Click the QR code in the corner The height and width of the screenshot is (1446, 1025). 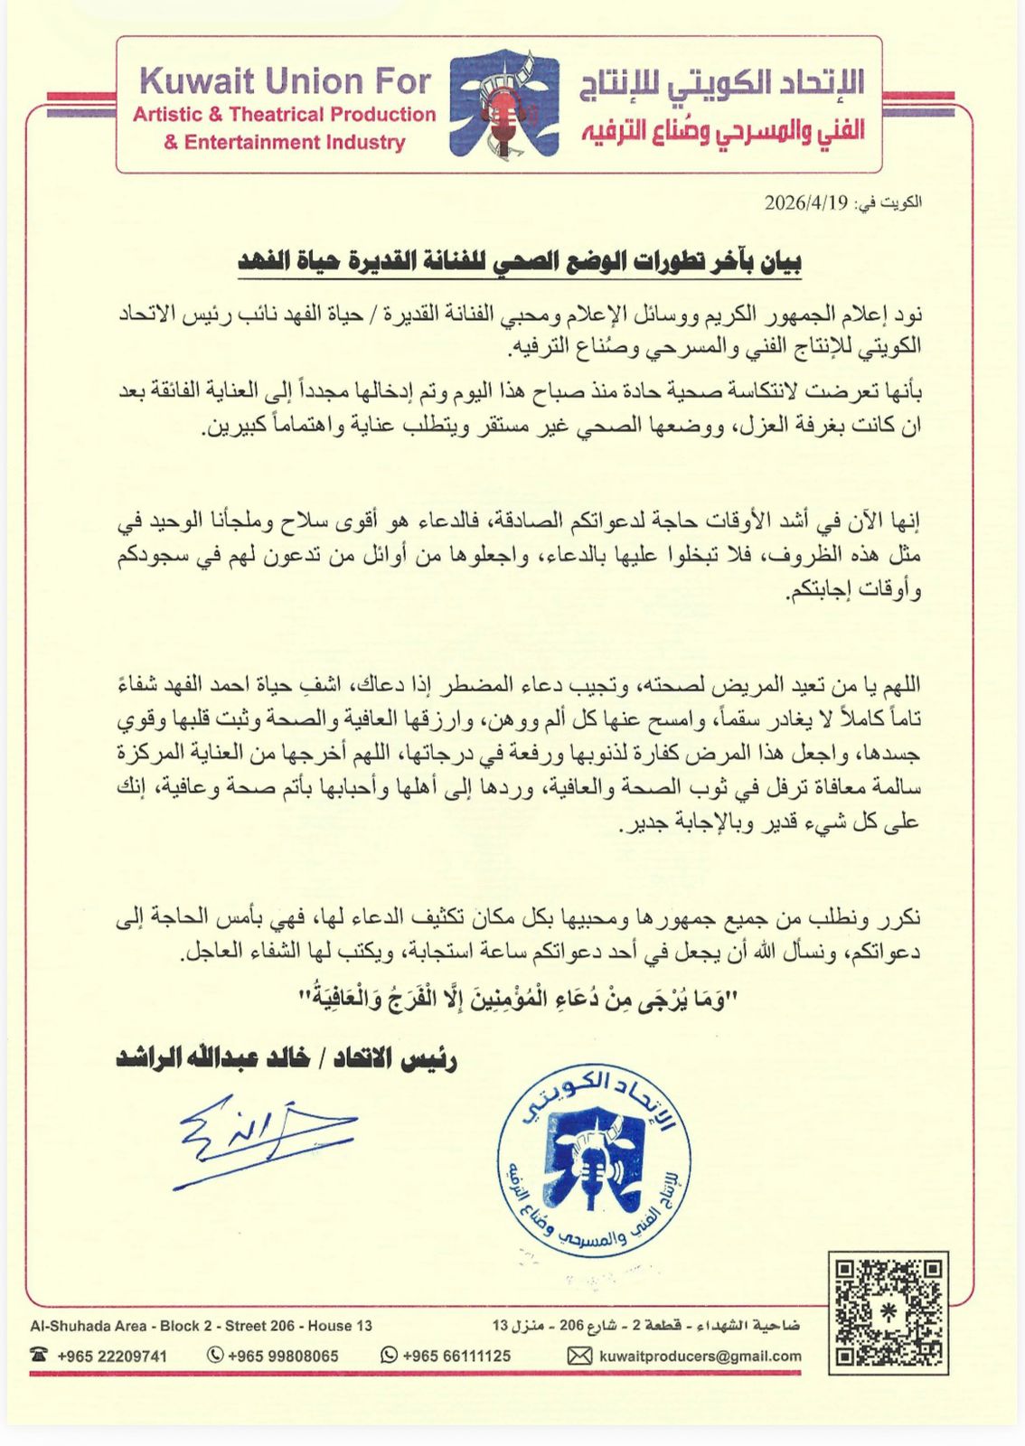point(888,1312)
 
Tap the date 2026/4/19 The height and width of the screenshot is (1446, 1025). point(805,202)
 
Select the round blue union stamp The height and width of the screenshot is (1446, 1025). point(594,1161)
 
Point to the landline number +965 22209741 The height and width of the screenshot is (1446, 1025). point(112,1356)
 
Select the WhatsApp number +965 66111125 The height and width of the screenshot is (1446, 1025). point(456,1356)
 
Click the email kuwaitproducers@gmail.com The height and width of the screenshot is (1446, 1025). point(700,1356)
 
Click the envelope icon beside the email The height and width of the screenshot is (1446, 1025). point(579,1356)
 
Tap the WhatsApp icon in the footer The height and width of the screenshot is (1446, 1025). point(390,1355)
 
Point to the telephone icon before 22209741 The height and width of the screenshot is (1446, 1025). point(39,1355)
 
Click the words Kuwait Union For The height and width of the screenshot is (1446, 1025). point(285,82)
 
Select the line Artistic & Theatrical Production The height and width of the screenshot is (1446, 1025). point(284,115)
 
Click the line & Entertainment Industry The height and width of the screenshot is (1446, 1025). point(284,142)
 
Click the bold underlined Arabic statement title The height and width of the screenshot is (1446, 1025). point(519,261)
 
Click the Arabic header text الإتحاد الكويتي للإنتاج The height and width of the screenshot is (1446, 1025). point(721,85)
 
